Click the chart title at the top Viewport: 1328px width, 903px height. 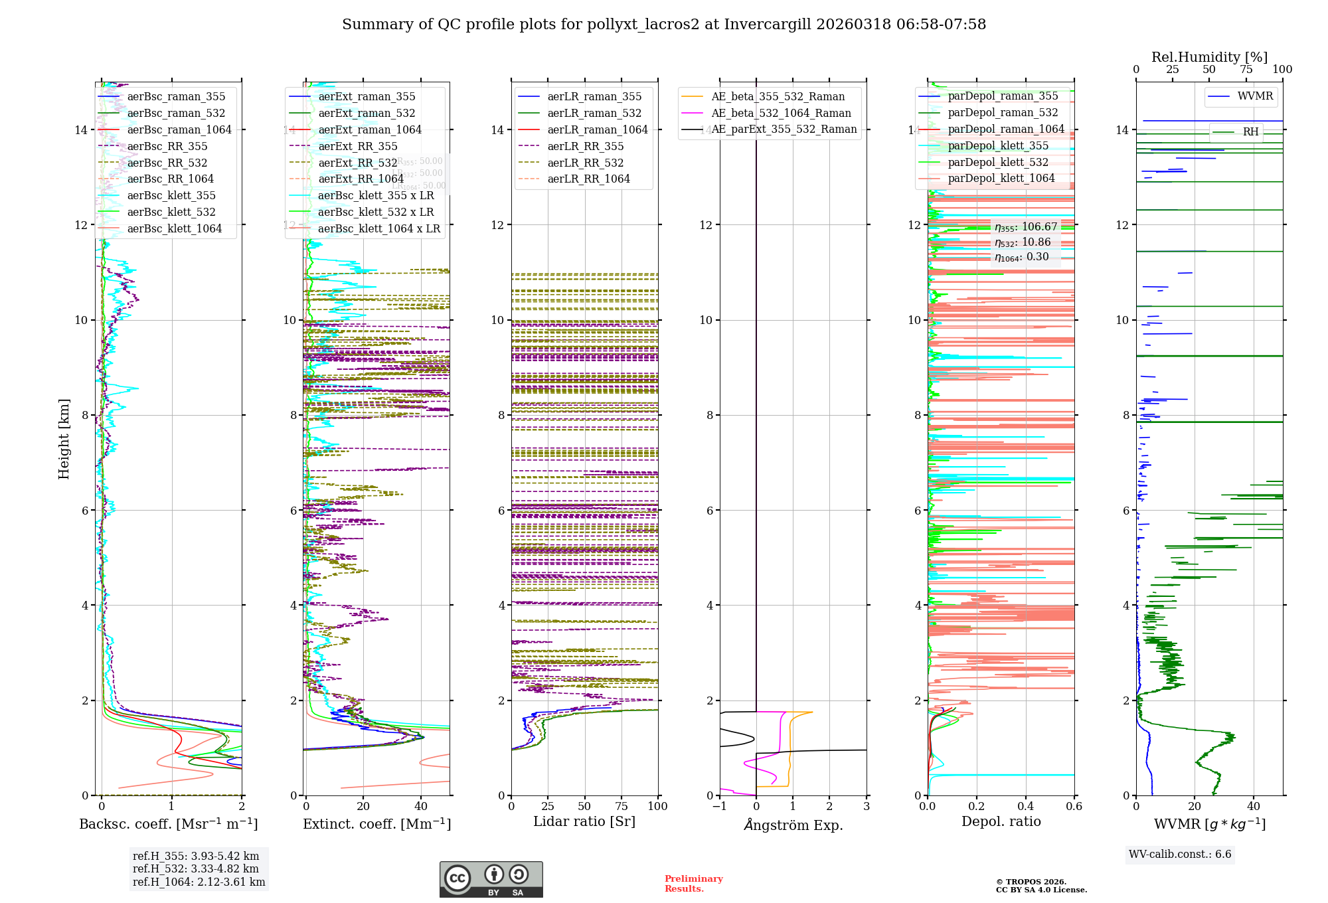(x=664, y=25)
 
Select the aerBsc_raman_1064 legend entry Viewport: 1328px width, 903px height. (x=179, y=130)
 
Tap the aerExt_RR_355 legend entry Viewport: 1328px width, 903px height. (x=358, y=147)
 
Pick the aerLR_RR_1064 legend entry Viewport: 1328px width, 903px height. (x=588, y=179)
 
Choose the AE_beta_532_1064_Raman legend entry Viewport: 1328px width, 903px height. (x=781, y=114)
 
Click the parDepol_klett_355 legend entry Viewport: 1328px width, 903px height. (x=998, y=146)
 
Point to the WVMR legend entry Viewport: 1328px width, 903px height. (x=1255, y=96)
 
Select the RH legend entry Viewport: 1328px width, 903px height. (x=1250, y=132)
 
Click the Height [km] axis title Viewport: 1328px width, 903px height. (x=64, y=439)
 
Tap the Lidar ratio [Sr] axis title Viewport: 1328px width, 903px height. (x=584, y=822)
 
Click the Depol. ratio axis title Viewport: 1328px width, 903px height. (x=1001, y=822)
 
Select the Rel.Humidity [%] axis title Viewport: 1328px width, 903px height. (x=1209, y=57)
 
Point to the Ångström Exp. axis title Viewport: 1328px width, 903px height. (x=793, y=825)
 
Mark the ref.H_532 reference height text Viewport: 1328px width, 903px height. (x=196, y=869)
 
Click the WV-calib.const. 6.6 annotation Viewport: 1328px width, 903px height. (x=1180, y=855)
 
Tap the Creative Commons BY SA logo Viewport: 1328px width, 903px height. (x=491, y=879)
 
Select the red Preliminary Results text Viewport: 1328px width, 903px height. (x=693, y=884)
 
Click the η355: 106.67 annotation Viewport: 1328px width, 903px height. (x=1026, y=227)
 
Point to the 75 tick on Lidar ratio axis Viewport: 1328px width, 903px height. (x=622, y=806)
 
